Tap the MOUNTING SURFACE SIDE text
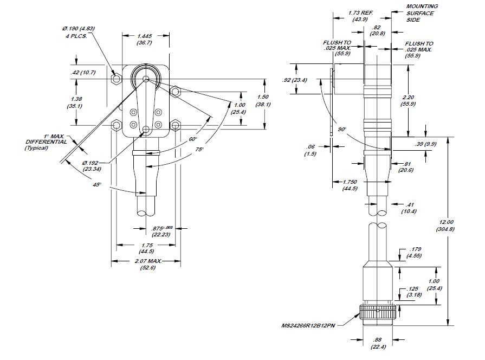(422, 12)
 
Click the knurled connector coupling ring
(378, 313)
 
